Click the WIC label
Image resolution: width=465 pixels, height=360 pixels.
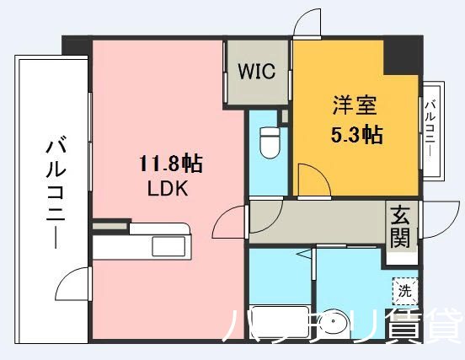click(256, 72)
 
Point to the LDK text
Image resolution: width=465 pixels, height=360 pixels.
click(168, 189)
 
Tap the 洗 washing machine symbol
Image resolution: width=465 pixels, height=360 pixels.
click(405, 292)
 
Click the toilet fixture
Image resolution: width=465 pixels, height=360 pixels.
click(269, 142)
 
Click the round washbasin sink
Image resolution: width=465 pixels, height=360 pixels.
click(342, 325)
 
